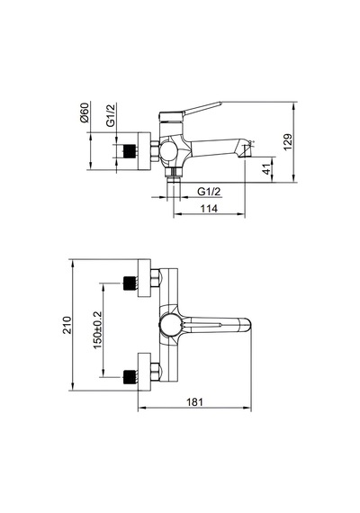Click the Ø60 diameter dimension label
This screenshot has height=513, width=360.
pyautogui.click(x=85, y=112)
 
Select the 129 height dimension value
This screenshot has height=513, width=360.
pyautogui.click(x=288, y=141)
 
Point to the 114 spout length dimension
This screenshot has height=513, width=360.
pyautogui.click(x=209, y=209)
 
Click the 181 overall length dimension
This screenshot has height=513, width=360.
pyautogui.click(x=194, y=401)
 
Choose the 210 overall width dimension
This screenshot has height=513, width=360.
pyautogui.click(x=67, y=325)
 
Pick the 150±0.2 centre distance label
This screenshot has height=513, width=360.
pyautogui.click(x=98, y=330)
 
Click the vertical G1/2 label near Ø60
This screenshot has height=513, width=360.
pyautogui.click(x=111, y=115)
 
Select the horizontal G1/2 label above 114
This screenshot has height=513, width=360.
pyautogui.click(x=209, y=192)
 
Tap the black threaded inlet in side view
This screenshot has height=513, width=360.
pyautogui.click(x=130, y=151)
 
